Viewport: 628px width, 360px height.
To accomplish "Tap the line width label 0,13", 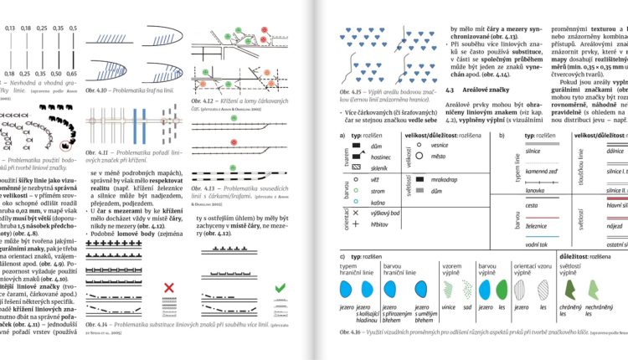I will coord(10,28).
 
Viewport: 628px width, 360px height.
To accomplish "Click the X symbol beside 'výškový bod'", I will coord(357,213).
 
